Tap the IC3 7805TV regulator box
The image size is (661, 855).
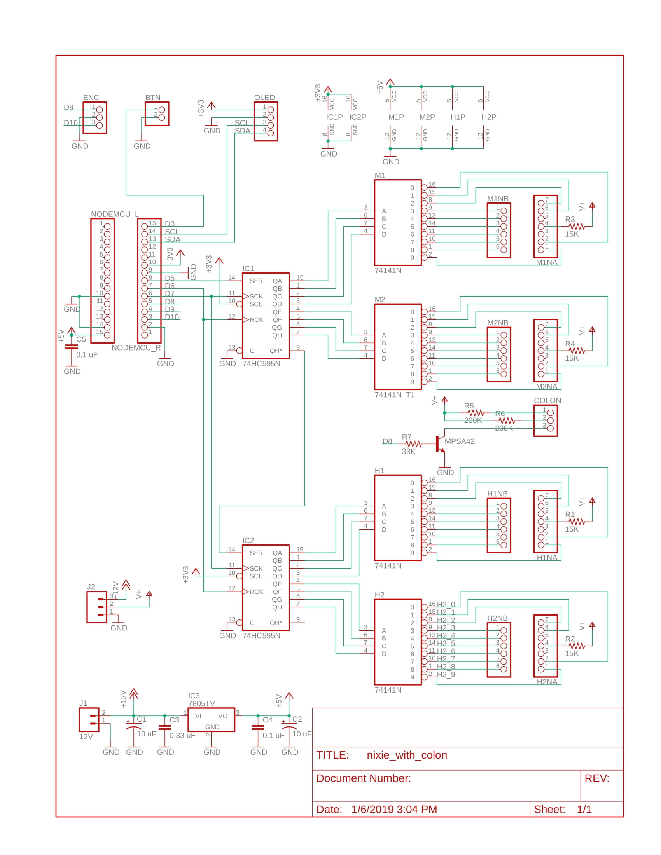(211, 719)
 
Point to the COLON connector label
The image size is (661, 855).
(547, 400)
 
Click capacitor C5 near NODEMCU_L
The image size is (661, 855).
(71, 347)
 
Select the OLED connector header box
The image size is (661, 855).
(266, 121)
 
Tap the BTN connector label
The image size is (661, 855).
(153, 98)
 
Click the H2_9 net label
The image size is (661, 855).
(446, 675)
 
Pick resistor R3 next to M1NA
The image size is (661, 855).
(576, 226)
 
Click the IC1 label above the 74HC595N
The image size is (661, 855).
(248, 269)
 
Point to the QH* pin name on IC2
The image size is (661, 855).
(276, 623)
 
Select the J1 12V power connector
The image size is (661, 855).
(89, 719)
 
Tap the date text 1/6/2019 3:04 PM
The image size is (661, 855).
(394, 809)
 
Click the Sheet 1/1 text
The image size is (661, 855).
(562, 809)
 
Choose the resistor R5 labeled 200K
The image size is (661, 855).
(476, 413)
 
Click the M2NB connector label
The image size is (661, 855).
(497, 323)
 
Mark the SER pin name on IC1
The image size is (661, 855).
(256, 281)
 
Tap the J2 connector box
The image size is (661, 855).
(96, 607)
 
